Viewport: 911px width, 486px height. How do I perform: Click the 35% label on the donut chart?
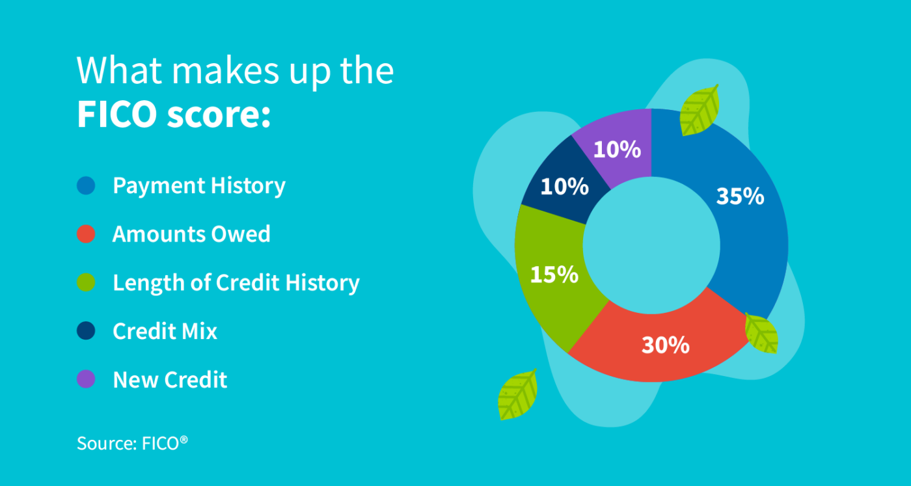click(740, 196)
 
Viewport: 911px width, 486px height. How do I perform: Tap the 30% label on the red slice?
click(665, 345)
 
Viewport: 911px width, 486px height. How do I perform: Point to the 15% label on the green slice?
click(554, 275)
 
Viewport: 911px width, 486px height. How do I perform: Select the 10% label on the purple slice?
click(617, 150)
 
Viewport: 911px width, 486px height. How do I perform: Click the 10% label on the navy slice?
click(564, 187)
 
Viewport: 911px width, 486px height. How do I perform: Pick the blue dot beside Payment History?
click(86, 185)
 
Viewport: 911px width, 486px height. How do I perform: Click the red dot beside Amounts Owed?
click(86, 234)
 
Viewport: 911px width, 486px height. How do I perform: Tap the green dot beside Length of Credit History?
click(86, 283)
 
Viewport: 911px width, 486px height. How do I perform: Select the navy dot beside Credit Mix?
click(86, 331)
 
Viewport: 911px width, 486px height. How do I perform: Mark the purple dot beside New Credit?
click(86, 379)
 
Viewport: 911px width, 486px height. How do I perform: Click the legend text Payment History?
click(199, 186)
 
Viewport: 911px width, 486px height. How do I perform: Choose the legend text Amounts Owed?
click(191, 234)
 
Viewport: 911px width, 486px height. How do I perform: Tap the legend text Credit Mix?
click(165, 331)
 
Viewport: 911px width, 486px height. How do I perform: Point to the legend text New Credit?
click(170, 379)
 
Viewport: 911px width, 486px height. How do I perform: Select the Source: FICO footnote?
click(132, 444)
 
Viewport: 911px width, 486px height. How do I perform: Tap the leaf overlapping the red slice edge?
click(762, 332)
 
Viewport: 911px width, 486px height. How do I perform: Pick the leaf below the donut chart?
click(518, 394)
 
